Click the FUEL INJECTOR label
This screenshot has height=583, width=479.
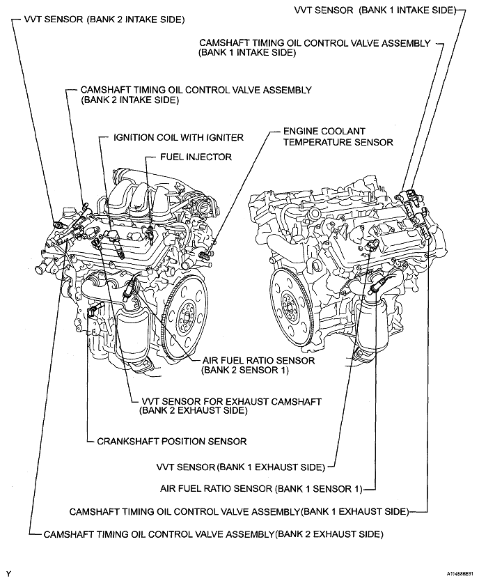pos(196,157)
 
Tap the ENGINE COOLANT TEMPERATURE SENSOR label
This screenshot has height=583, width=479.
pos(338,137)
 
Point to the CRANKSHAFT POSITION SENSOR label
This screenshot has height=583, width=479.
pos(172,441)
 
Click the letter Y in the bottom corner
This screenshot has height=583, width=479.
pos(8,573)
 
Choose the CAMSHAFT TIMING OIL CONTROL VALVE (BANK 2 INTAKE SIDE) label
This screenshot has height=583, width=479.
pos(196,95)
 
